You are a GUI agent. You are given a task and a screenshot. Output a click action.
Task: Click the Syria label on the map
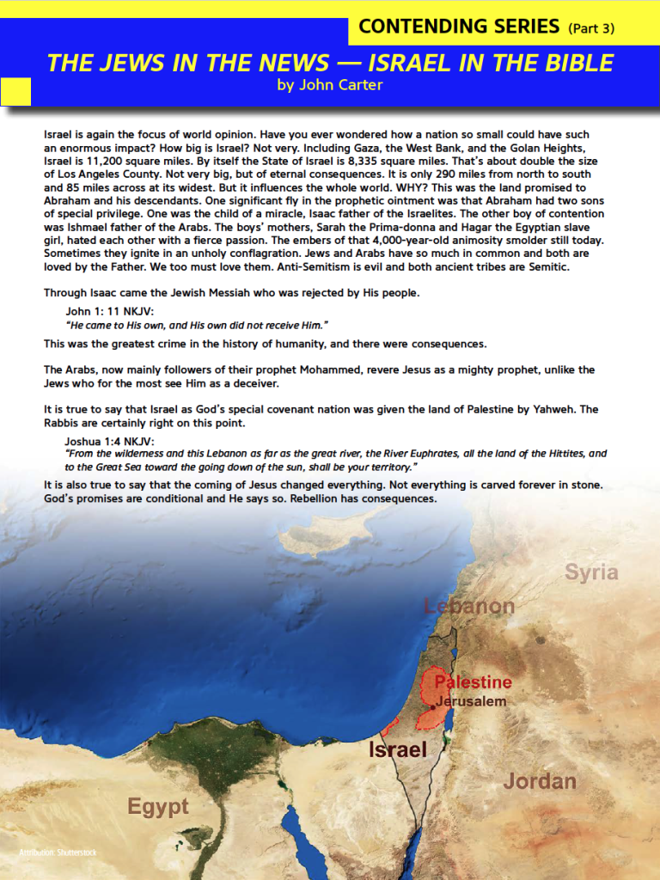[591, 572]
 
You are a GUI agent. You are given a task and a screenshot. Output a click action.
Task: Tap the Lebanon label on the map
[469, 606]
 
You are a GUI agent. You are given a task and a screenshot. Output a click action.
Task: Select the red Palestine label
[473, 682]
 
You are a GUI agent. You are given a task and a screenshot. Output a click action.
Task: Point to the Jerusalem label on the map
[471, 701]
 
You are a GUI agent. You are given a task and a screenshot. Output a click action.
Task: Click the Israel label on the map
[398, 749]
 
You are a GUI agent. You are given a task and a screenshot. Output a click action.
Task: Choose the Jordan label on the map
[540, 781]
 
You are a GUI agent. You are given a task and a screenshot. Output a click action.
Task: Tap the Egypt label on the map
[158, 807]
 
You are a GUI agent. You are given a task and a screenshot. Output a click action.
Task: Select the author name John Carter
[330, 84]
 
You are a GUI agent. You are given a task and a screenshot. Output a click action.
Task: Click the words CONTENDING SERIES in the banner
[459, 27]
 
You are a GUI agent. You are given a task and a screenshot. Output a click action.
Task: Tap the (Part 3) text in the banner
[591, 28]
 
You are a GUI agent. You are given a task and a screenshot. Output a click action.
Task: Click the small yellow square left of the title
[15, 91]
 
